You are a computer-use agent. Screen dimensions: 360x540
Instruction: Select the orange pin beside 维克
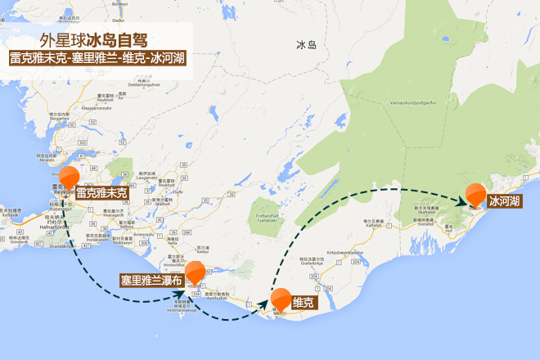pyautogui.click(x=281, y=299)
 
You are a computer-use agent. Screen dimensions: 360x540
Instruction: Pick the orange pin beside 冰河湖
pyautogui.click(x=476, y=195)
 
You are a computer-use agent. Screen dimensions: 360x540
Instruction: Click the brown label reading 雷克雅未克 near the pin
pyautogui.click(x=102, y=194)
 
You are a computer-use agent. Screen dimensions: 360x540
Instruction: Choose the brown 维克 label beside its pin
pyautogui.click(x=304, y=303)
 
